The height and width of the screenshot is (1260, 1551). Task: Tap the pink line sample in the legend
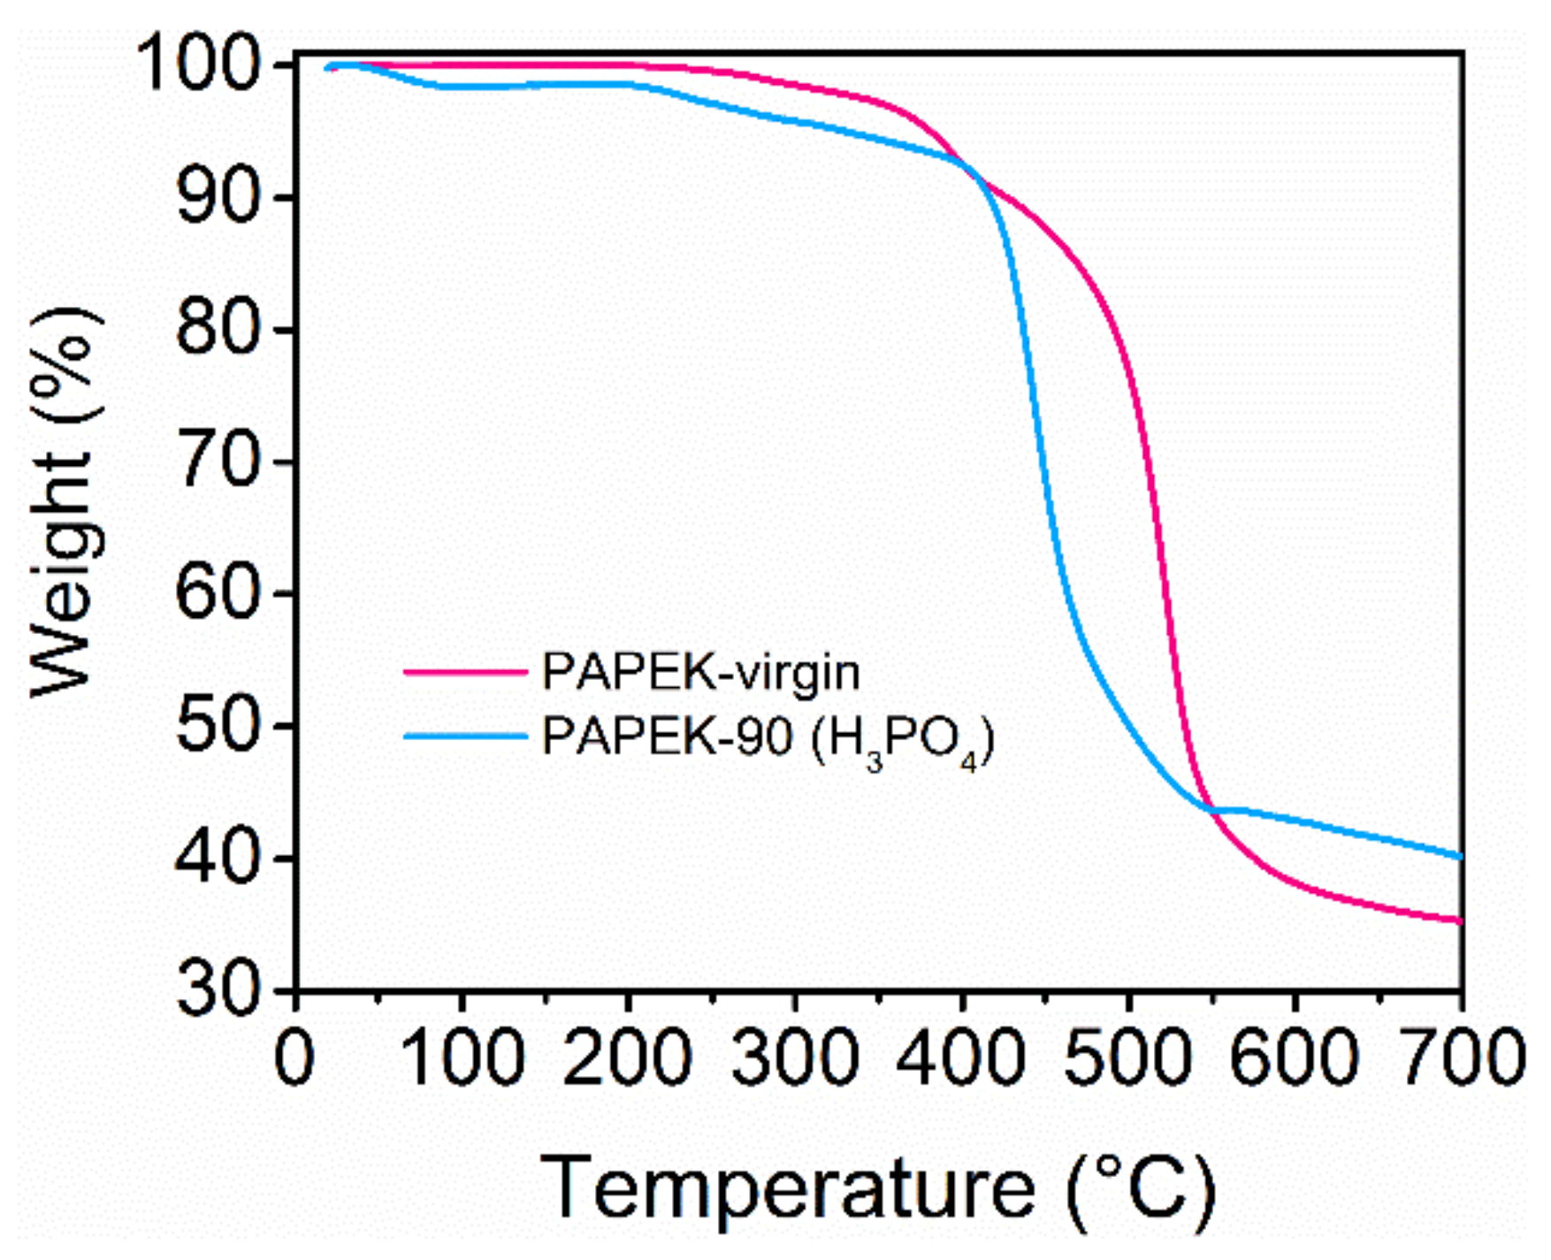(465, 673)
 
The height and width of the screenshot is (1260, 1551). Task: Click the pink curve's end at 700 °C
(1460, 921)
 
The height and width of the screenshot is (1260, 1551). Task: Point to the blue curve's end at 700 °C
(1460, 856)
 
